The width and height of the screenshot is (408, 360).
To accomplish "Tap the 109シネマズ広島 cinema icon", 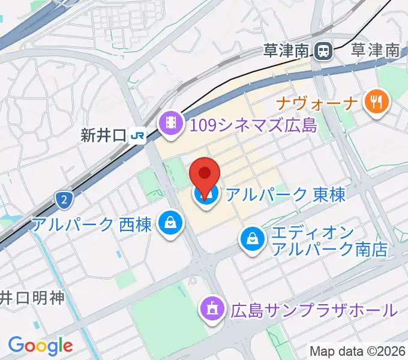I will coord(170,124).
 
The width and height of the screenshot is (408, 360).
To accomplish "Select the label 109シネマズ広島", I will coord(253,125).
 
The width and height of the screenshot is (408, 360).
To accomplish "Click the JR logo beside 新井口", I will coord(137,136).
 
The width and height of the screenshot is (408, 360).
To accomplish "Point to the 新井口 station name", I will coord(103,136).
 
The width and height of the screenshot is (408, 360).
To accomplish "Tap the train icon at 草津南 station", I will coord(325,50).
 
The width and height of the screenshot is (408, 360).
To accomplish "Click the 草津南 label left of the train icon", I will coord(287,50).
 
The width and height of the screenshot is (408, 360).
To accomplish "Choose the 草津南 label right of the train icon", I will coord(375,50).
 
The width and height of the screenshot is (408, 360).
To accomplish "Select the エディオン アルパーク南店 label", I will coord(329,241).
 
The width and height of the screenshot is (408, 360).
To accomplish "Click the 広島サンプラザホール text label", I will coord(314,310).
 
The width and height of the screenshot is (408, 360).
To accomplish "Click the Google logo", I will coord(40,345).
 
